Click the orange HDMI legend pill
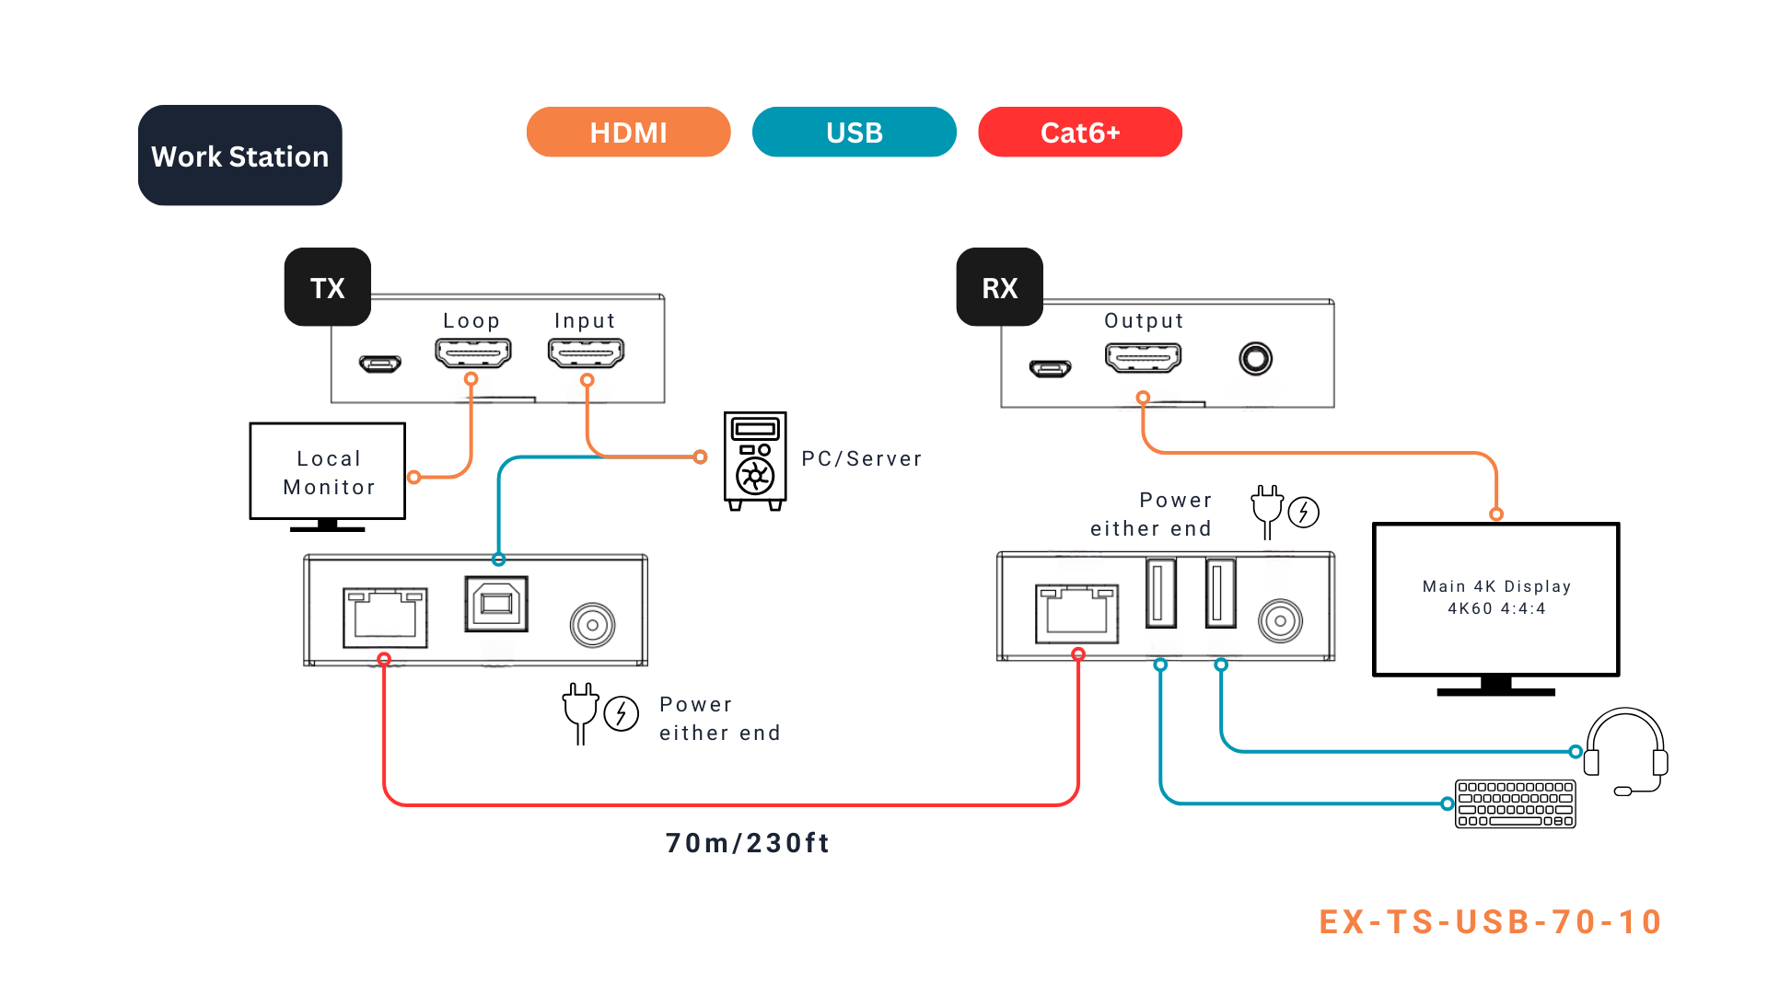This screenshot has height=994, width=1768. pyautogui.click(x=628, y=133)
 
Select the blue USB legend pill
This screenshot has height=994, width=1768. pyautogui.click(x=854, y=133)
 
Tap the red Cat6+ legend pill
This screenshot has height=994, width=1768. pyautogui.click(x=1079, y=133)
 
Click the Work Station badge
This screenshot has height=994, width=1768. pyautogui.click(x=239, y=156)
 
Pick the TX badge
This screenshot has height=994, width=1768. pyautogui.click(x=327, y=287)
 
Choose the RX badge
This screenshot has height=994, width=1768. pyautogui.click(x=999, y=287)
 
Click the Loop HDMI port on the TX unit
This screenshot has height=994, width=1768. pyautogui.click(x=472, y=353)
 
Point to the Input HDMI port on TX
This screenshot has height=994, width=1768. pyautogui.click(x=586, y=353)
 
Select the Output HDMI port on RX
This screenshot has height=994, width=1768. pyautogui.click(x=1143, y=357)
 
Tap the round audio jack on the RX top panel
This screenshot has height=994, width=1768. pyautogui.click(x=1255, y=358)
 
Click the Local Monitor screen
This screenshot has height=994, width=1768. pyautogui.click(x=328, y=471)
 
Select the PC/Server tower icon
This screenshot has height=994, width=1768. pyautogui.click(x=755, y=460)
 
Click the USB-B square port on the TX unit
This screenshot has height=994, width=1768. pyautogui.click(x=496, y=604)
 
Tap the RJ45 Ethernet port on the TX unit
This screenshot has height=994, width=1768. pyautogui.click(x=385, y=617)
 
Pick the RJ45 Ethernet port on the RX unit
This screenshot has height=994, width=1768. pyautogui.click(x=1076, y=613)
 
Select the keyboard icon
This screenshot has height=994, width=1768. pyautogui.click(x=1515, y=803)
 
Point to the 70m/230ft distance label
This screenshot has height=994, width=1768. pyautogui.click(x=748, y=843)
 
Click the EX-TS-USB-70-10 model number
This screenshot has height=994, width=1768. pyautogui.click(x=1490, y=921)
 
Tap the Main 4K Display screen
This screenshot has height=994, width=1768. pyautogui.click(x=1495, y=598)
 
